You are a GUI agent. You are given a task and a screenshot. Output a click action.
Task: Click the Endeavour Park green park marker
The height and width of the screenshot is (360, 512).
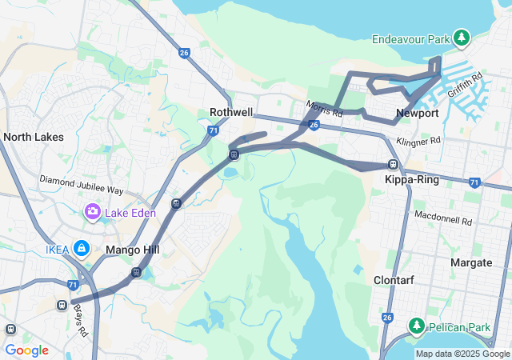click(461, 38)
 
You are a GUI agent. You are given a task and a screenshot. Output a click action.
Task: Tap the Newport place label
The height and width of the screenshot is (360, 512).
click(418, 114)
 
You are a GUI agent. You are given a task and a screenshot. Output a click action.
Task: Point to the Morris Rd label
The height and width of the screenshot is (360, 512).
click(323, 108)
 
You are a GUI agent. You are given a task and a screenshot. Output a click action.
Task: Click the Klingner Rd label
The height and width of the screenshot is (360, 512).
click(418, 141)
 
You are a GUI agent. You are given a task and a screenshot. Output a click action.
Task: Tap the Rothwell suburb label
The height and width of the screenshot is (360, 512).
click(230, 113)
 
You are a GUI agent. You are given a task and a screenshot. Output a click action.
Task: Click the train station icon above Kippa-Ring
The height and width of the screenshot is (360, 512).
click(393, 164)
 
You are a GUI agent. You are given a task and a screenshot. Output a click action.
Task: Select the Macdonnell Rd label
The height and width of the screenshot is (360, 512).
click(442, 215)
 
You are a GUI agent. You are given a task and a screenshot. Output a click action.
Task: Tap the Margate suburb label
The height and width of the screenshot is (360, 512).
click(471, 262)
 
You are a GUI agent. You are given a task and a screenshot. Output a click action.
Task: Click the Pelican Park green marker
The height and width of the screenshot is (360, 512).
click(416, 326)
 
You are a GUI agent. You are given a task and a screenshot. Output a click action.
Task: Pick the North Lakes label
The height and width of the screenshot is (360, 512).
click(34, 137)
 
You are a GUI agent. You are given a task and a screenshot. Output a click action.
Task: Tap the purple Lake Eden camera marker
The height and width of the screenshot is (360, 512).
click(93, 212)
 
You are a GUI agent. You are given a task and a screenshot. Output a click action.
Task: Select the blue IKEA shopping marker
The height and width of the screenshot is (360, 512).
click(81, 250)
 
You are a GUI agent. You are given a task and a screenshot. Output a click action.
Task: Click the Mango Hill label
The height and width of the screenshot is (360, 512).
click(133, 250)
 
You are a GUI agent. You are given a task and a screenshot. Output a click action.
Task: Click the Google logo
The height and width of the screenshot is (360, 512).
click(26, 350)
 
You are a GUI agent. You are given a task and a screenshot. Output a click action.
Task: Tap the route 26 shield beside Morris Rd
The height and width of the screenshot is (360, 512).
click(314, 125)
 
